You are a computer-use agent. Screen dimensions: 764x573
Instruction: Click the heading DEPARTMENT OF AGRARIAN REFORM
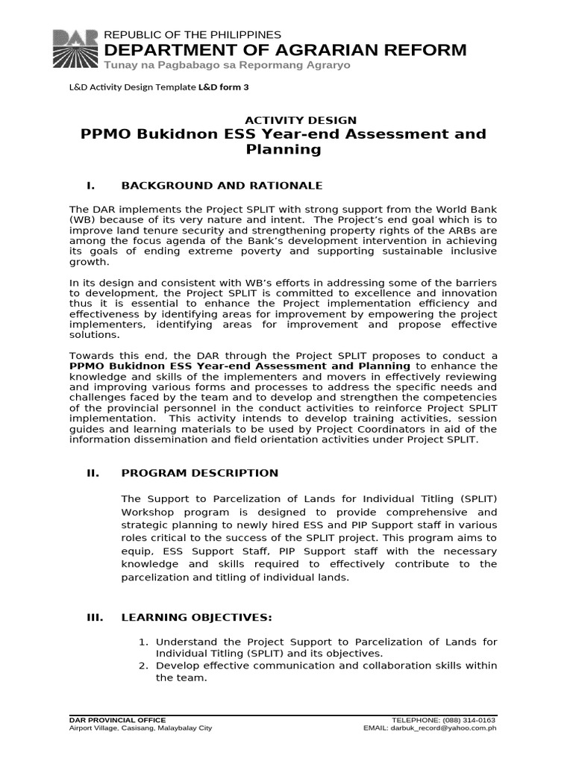point(286,51)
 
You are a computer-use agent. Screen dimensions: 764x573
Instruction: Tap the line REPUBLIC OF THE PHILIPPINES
point(192,35)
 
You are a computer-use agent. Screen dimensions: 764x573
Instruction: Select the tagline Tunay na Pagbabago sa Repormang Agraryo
point(227,66)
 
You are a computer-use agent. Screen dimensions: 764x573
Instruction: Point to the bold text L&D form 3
point(223,87)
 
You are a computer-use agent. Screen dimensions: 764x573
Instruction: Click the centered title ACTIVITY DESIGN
point(301,120)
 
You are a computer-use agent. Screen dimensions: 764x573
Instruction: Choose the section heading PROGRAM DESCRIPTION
point(199,473)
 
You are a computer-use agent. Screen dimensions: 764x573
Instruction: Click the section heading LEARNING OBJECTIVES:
point(197,618)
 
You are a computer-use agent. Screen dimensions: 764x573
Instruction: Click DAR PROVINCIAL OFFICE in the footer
point(117,720)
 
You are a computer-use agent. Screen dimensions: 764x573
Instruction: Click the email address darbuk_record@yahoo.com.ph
point(449,728)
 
